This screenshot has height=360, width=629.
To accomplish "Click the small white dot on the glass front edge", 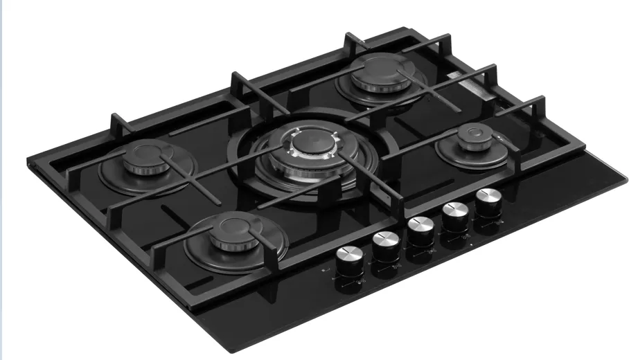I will (470, 245).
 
